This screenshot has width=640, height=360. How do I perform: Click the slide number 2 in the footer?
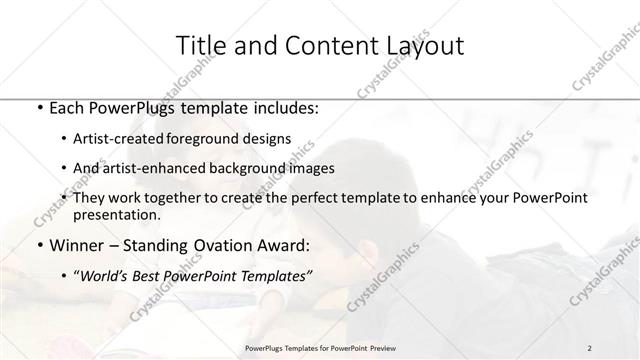[590, 348]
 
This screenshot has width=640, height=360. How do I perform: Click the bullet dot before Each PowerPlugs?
[38, 108]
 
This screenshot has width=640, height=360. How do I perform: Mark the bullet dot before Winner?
[38, 244]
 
